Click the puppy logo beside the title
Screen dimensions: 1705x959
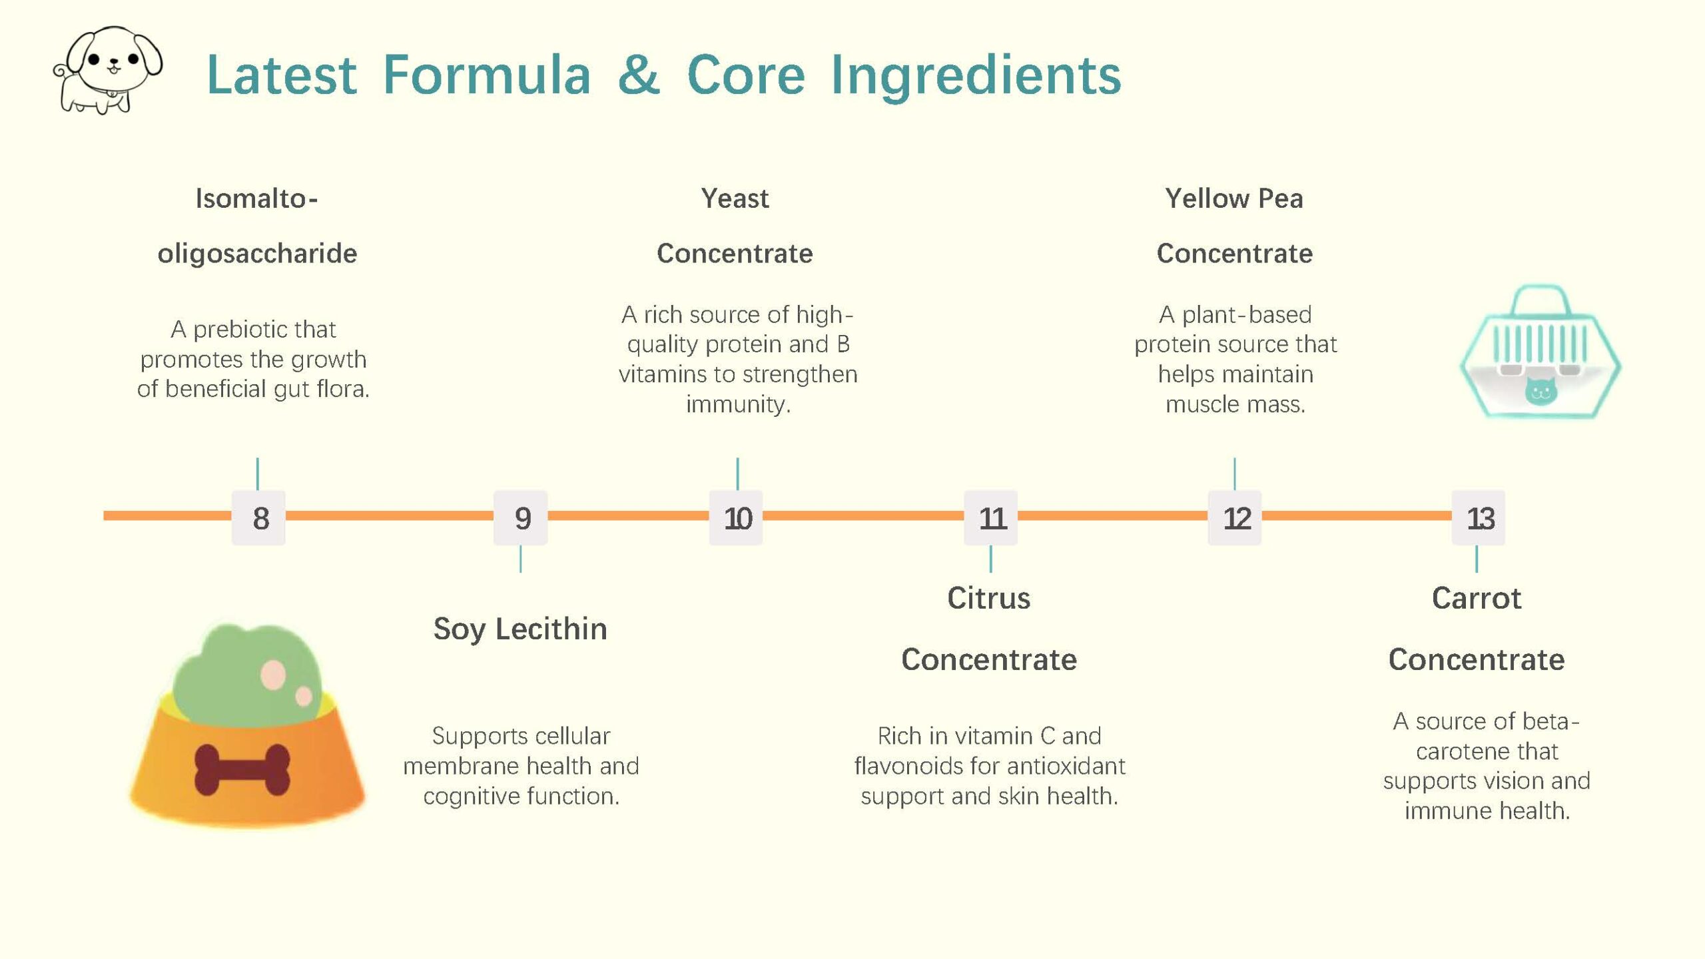(x=108, y=70)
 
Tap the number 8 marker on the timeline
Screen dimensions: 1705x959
(x=258, y=518)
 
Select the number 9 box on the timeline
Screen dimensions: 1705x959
(x=521, y=518)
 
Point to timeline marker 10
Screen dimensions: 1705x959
(x=736, y=518)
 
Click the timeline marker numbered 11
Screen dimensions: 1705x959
(x=991, y=518)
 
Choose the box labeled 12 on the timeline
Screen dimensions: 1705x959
(x=1235, y=518)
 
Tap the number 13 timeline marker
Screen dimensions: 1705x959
(x=1479, y=518)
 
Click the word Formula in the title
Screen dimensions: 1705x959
(x=487, y=75)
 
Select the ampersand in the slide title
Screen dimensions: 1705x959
(x=639, y=75)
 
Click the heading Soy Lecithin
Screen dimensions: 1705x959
(x=520, y=629)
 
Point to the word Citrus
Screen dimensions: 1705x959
(x=989, y=598)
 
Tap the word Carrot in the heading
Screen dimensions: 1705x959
(x=1477, y=598)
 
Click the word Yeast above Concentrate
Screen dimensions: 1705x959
(x=735, y=198)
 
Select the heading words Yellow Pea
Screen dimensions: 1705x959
(x=1234, y=199)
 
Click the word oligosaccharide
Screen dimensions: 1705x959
(x=257, y=254)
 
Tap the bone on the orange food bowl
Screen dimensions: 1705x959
(x=242, y=770)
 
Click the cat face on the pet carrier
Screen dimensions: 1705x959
(x=1540, y=391)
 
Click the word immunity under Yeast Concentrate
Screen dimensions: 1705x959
(x=738, y=404)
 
